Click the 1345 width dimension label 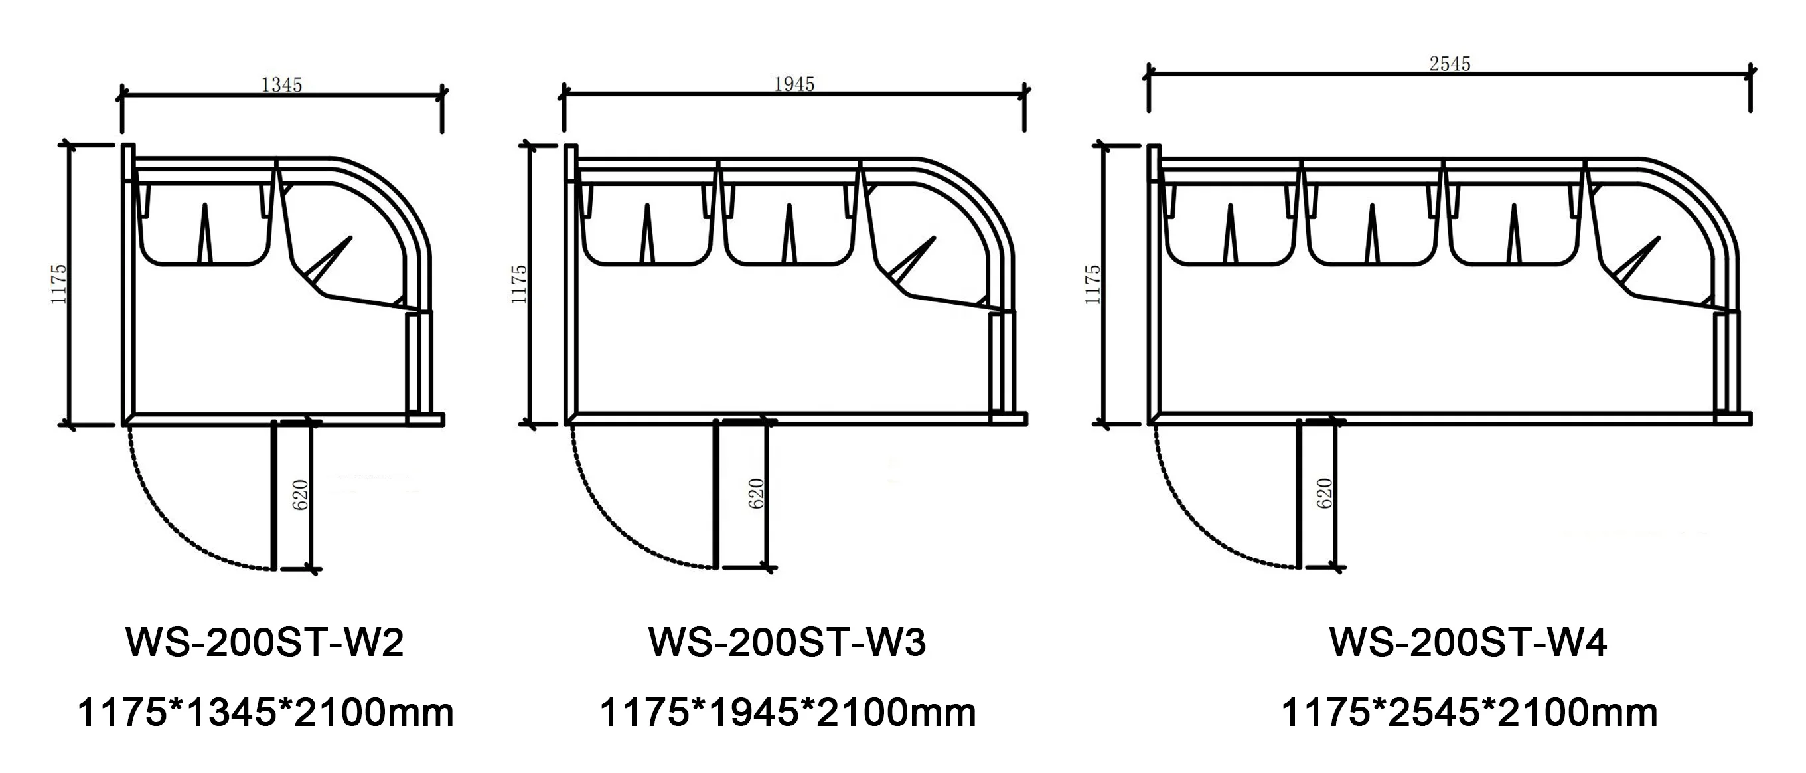(281, 85)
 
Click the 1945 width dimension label (794, 84)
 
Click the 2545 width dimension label (1449, 64)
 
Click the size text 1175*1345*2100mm (265, 713)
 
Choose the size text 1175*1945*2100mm (787, 713)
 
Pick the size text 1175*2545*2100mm (1469, 713)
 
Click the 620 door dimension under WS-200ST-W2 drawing (300, 495)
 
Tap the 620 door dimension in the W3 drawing (756, 494)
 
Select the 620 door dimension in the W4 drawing (1324, 494)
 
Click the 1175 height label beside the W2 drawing (58, 284)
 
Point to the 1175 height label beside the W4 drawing (1092, 284)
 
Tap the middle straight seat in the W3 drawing (789, 224)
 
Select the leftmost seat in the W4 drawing (1231, 224)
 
